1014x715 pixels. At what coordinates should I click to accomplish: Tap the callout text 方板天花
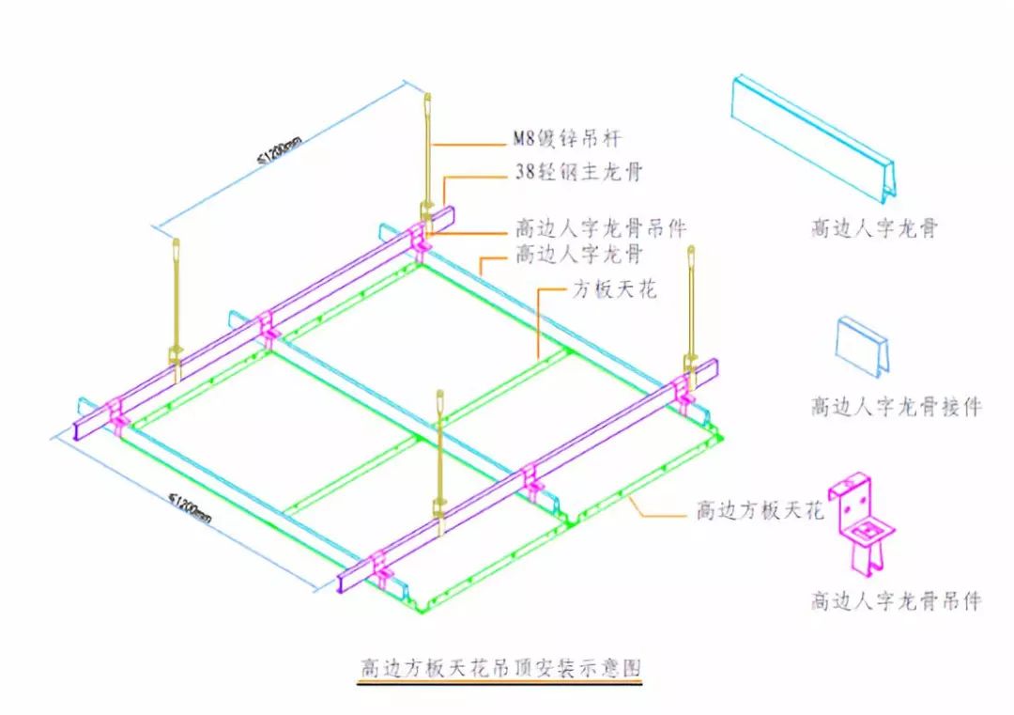(x=614, y=290)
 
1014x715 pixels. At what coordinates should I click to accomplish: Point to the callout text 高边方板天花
(x=759, y=511)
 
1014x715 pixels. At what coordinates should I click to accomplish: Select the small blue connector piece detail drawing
(x=862, y=345)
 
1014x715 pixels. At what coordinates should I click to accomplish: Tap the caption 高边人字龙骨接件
(x=896, y=407)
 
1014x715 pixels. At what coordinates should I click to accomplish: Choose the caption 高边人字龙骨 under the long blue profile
(x=874, y=228)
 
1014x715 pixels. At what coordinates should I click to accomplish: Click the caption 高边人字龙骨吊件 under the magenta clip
(x=896, y=600)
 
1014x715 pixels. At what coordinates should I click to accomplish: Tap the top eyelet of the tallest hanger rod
(x=428, y=101)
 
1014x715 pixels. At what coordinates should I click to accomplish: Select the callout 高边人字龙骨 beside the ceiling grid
(x=579, y=254)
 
